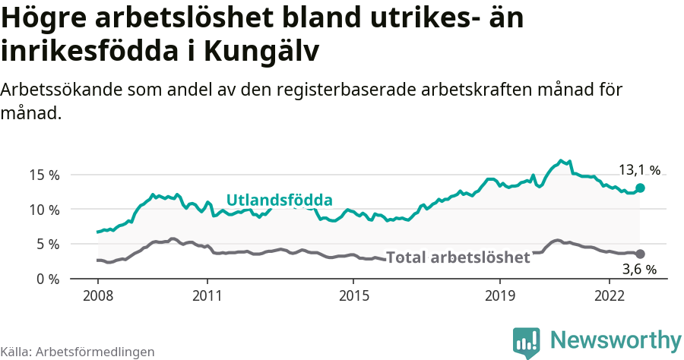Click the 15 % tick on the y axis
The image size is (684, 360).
(43, 175)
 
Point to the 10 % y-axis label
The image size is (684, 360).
(43, 210)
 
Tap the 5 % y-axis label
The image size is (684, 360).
(47, 245)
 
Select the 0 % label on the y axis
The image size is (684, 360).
(47, 279)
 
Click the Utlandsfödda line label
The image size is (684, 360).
(280, 201)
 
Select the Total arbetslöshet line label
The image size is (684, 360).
(458, 257)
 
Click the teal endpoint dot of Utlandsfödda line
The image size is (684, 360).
(641, 188)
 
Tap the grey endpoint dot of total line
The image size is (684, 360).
(641, 254)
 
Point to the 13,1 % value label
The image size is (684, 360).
(639, 170)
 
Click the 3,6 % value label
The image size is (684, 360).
(639, 269)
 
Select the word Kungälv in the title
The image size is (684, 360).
(262, 51)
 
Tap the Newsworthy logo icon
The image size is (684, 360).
(526, 342)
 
